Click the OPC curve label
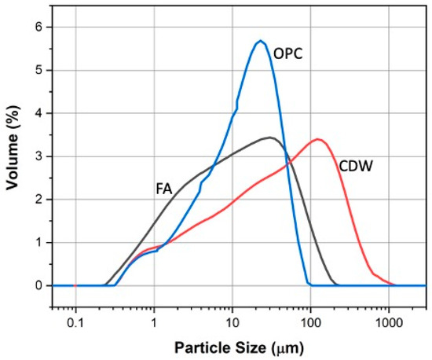pos(288,56)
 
